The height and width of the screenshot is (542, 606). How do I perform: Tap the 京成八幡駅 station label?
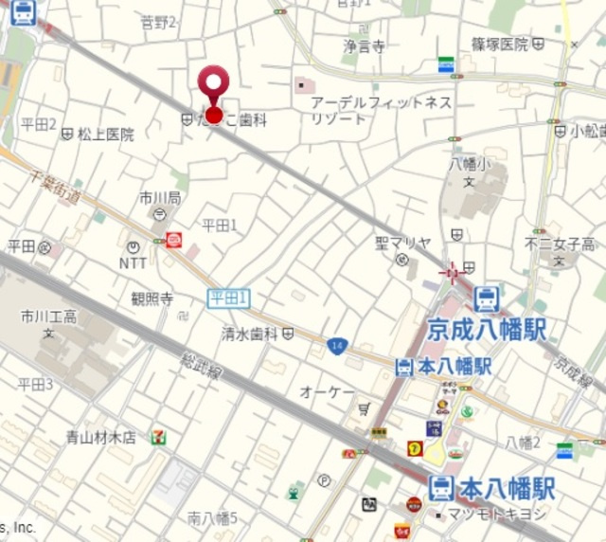tap(488, 329)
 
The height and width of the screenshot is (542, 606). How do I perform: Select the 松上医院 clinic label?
tap(105, 135)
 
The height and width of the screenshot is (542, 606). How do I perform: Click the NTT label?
tap(133, 263)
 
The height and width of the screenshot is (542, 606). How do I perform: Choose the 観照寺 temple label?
tap(152, 298)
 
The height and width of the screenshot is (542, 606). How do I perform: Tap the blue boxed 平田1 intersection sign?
tap(228, 298)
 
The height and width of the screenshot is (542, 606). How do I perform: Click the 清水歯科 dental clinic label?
tap(250, 334)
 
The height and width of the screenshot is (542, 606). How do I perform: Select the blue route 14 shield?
tap(336, 346)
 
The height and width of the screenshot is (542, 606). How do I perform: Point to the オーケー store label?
tap(327, 391)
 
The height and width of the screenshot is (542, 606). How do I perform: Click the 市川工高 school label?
tap(49, 316)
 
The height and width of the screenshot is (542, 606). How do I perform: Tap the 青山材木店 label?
tap(101, 437)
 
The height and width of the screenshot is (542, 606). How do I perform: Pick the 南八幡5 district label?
tap(213, 517)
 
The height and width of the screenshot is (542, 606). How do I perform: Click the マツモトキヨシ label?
tap(498, 515)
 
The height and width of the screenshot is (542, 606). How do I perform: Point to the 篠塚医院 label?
tap(500, 44)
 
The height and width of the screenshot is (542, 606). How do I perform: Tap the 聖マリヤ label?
tap(403, 244)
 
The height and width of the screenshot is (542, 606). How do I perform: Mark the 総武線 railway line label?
tap(202, 367)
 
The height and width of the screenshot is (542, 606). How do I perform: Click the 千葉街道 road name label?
tap(55, 184)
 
